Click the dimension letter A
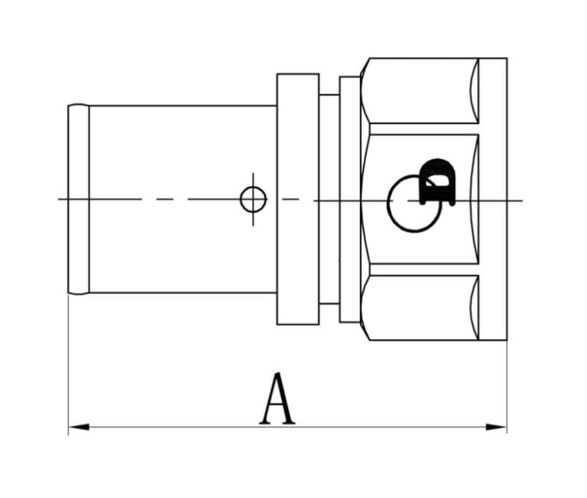coord(277,399)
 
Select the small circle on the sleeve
coord(253,200)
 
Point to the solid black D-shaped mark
coord(437,182)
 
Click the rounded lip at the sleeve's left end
coord(78,199)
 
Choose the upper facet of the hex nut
coord(423,90)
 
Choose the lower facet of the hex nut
coord(423,308)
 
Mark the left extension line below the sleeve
coord(69,360)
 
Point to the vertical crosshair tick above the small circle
coord(253,179)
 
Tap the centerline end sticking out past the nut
coord(515,200)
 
